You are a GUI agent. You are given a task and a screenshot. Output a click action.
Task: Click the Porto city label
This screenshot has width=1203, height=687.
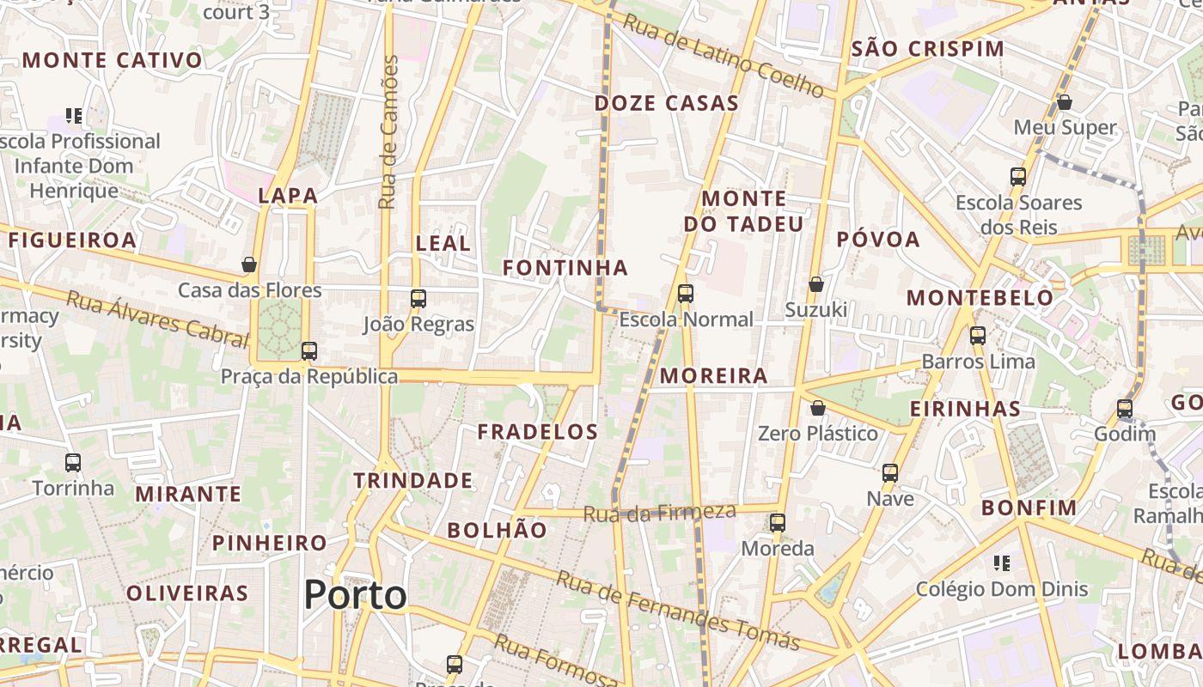click(355, 595)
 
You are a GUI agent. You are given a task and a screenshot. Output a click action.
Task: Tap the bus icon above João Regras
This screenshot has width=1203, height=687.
click(418, 299)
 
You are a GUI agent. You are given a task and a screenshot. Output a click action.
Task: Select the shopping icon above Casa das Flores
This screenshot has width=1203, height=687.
click(249, 264)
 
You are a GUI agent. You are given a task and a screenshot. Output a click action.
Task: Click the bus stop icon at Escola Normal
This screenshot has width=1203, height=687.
click(685, 294)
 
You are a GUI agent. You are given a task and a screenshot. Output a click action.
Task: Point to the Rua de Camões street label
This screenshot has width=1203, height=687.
click(389, 132)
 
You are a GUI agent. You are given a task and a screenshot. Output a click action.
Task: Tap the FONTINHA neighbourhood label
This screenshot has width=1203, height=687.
click(565, 268)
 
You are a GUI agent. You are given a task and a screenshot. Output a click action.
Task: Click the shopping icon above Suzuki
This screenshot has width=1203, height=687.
click(816, 284)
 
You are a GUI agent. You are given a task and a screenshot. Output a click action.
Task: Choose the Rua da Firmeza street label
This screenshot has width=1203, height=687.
click(659, 514)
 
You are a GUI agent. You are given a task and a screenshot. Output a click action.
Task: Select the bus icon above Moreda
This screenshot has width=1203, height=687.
click(778, 522)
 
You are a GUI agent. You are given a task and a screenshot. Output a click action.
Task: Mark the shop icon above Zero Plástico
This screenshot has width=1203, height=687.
click(818, 408)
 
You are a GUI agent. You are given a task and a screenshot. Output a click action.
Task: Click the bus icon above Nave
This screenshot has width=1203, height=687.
click(890, 472)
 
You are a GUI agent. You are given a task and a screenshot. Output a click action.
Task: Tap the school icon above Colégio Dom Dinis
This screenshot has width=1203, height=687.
click(1001, 563)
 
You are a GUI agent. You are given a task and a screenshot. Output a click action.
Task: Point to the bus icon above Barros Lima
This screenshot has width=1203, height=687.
click(978, 336)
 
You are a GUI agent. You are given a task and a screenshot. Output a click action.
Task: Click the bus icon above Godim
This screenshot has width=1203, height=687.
click(1125, 409)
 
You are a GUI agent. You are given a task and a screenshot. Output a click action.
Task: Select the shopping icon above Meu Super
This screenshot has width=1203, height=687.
click(1065, 102)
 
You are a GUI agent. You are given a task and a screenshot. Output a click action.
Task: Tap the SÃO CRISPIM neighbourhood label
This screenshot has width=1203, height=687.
click(927, 49)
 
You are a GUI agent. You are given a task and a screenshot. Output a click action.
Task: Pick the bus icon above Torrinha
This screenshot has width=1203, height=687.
click(73, 463)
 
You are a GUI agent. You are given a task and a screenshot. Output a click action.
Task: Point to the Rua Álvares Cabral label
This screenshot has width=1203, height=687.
click(156, 319)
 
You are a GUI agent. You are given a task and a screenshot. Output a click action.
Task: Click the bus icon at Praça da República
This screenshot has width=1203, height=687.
click(309, 351)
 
